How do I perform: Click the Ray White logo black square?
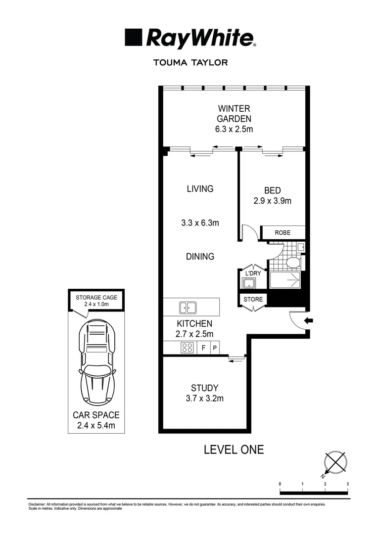(134, 37)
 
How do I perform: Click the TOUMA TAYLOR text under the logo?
(190, 63)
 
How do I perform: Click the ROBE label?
(283, 232)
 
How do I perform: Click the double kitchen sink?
(188, 308)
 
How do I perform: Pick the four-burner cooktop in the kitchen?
(188, 348)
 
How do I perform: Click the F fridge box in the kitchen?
(203, 348)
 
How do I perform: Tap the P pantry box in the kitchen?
(215, 348)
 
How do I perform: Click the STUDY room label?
(204, 388)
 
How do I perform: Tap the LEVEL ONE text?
(234, 449)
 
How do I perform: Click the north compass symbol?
(335, 463)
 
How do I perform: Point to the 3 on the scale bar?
(348, 484)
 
